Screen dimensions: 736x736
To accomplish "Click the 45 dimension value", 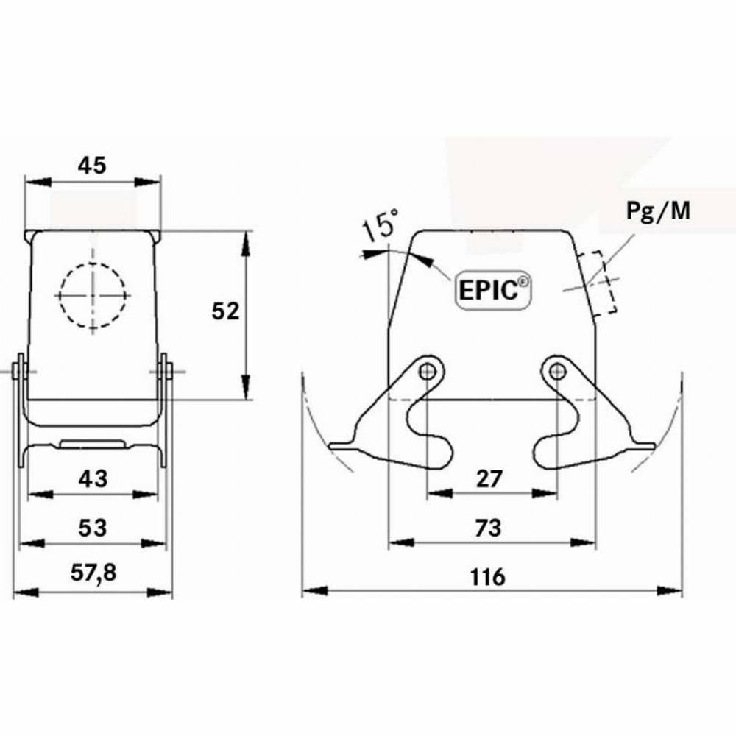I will click(x=92, y=166).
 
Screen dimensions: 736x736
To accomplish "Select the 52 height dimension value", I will click(x=225, y=311).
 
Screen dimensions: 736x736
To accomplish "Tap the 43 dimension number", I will click(x=92, y=479).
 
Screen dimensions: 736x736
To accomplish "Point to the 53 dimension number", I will click(x=92, y=528).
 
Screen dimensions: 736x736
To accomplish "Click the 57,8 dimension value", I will click(x=92, y=573).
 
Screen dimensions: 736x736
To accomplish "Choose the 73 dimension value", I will click(x=488, y=528).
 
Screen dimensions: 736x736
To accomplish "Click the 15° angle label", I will click(x=381, y=226).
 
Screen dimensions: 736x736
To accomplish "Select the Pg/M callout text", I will click(x=658, y=211).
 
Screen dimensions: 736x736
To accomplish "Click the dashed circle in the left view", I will click(x=93, y=295).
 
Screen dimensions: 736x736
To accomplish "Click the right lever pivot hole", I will click(x=557, y=370).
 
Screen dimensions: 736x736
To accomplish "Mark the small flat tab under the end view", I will click(x=92, y=443).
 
